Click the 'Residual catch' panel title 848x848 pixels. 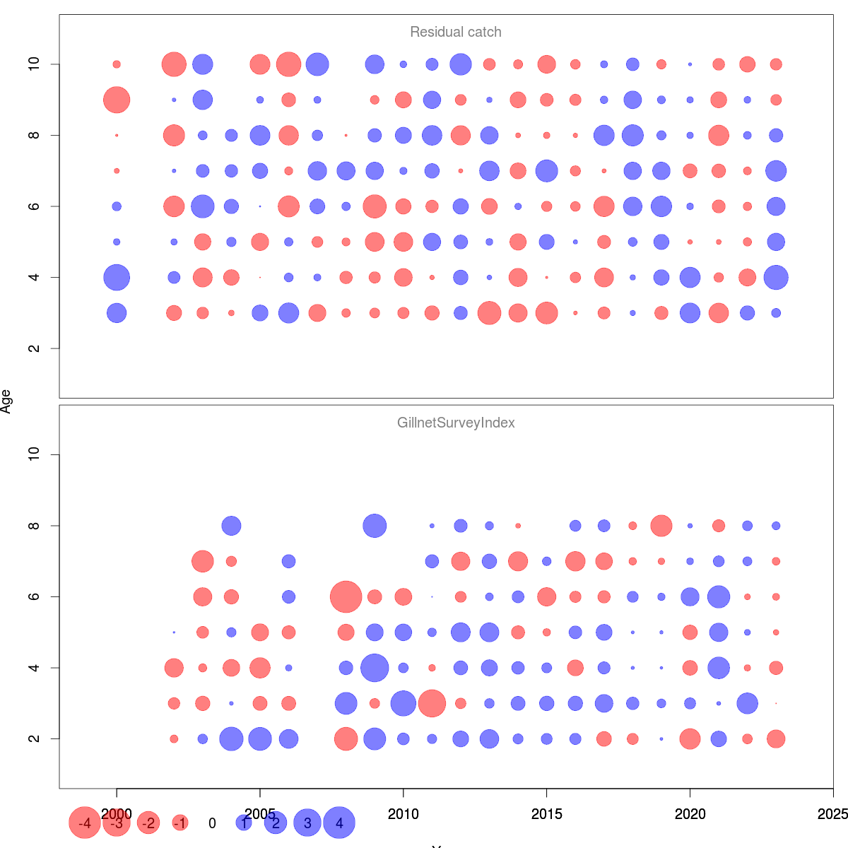456,33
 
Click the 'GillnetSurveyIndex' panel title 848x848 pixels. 456,423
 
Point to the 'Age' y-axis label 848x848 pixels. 6,401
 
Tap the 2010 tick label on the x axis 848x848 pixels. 404,814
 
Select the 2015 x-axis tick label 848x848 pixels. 547,814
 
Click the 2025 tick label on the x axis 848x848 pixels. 832,814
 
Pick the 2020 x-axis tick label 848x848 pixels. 690,814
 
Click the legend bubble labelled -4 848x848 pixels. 85,823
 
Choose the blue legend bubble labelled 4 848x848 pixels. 339,823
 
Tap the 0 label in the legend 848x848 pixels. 212,823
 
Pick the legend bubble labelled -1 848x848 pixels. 180,823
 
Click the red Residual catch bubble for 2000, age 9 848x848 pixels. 117,100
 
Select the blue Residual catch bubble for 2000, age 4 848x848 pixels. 117,277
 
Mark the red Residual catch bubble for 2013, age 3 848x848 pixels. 489,313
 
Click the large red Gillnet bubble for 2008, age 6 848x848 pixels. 346,596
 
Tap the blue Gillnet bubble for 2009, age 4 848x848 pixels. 375,668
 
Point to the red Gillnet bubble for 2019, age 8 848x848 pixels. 661,526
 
